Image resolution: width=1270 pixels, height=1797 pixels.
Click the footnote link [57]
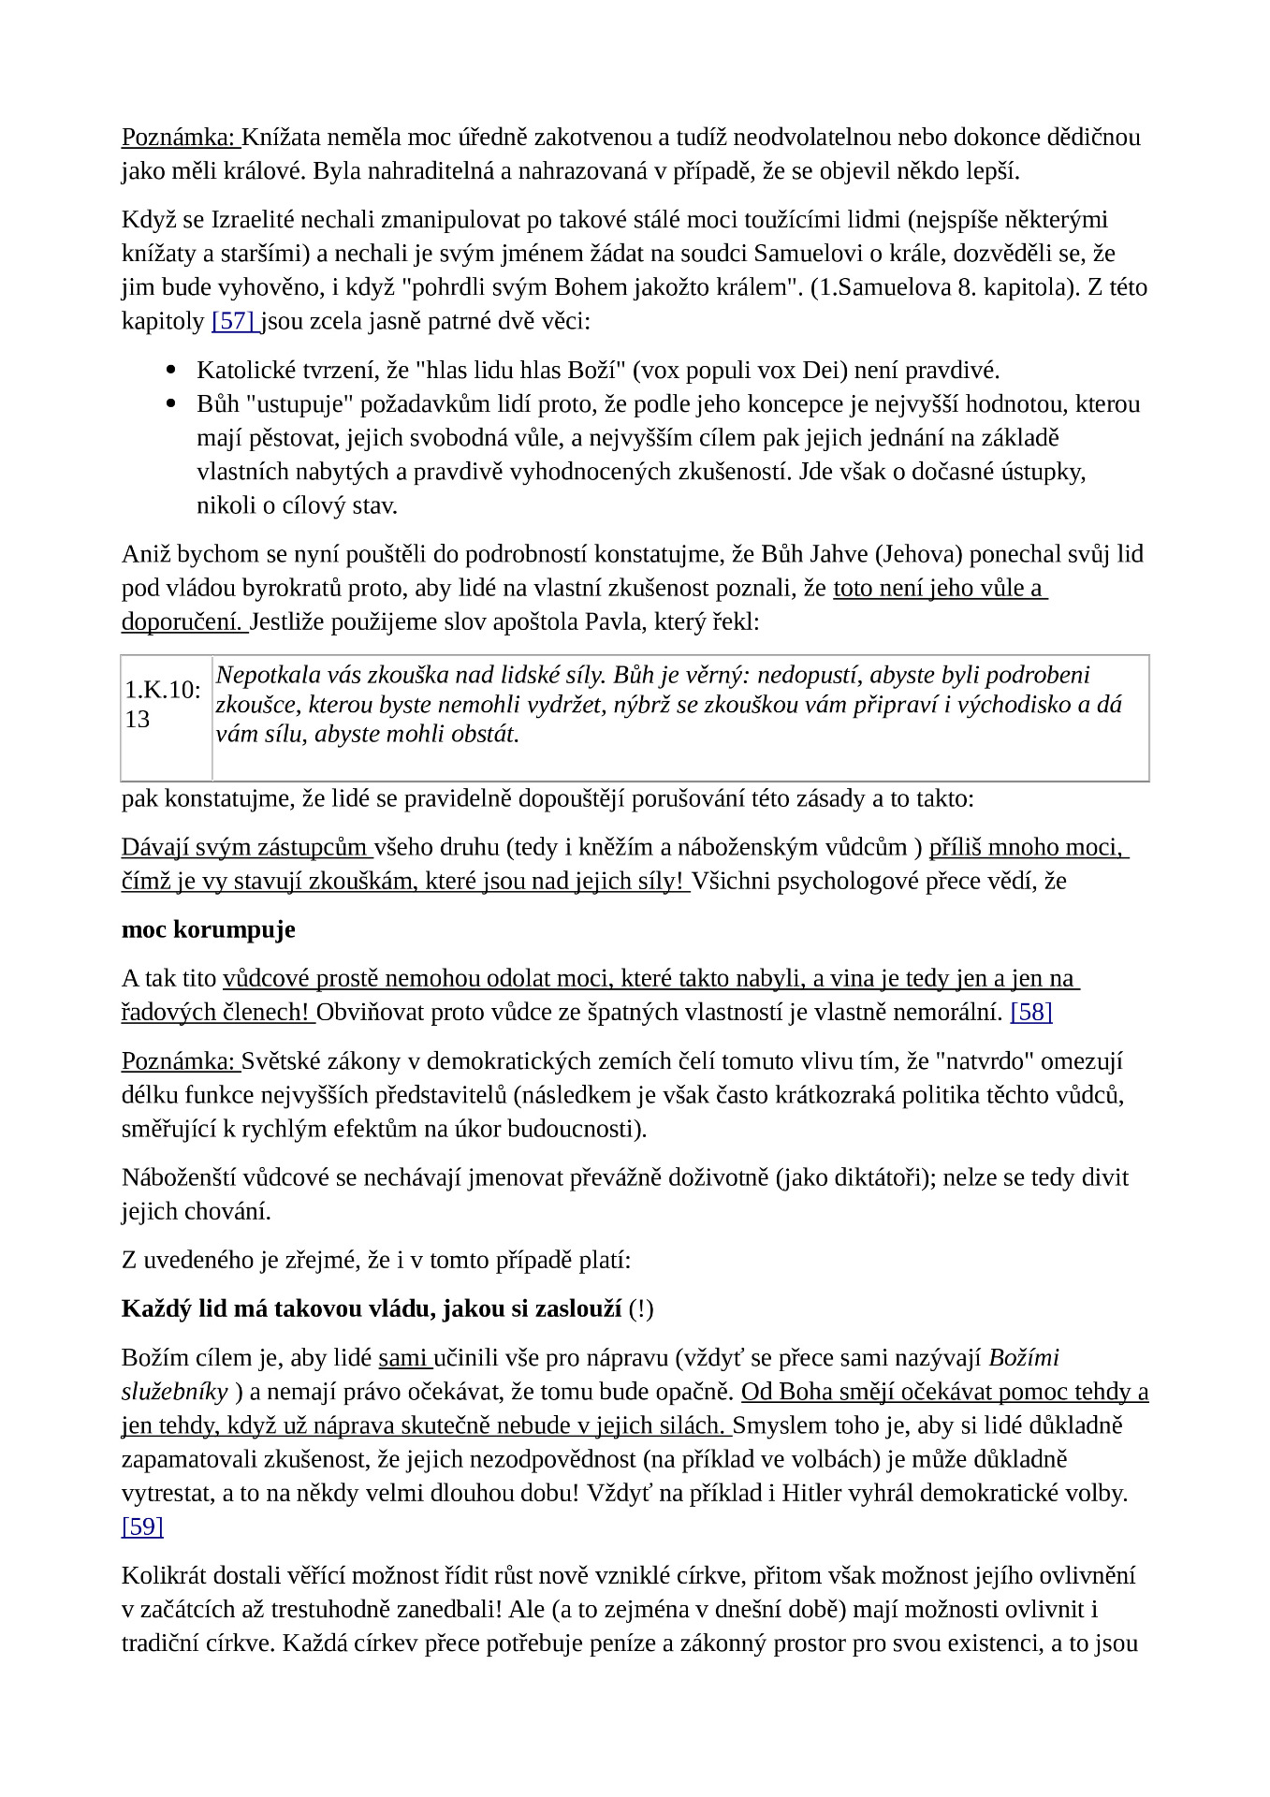(x=233, y=322)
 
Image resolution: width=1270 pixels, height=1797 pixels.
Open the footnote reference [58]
(x=1030, y=1013)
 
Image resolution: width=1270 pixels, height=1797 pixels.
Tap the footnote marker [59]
(x=142, y=1527)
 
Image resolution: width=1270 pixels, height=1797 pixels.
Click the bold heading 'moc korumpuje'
(x=208, y=930)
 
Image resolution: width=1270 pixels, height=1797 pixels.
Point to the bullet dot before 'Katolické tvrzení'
(x=170, y=371)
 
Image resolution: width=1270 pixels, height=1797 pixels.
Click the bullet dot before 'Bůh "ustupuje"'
(x=170, y=404)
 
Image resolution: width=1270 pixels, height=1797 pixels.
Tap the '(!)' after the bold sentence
(x=641, y=1308)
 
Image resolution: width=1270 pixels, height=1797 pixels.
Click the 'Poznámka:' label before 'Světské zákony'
(x=179, y=1061)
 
